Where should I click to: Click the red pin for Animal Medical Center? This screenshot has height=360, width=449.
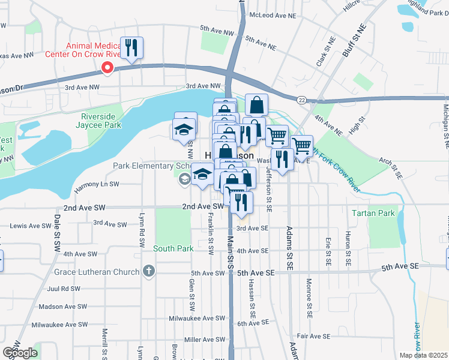[x=107, y=68]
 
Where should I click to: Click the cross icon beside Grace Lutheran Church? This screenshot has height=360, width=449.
[x=149, y=272]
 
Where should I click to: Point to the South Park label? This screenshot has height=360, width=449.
[x=173, y=248]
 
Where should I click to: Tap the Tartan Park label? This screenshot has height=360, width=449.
[x=381, y=213]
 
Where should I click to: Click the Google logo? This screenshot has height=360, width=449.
[x=20, y=353]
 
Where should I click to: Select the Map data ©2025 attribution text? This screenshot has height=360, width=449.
[x=423, y=355]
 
